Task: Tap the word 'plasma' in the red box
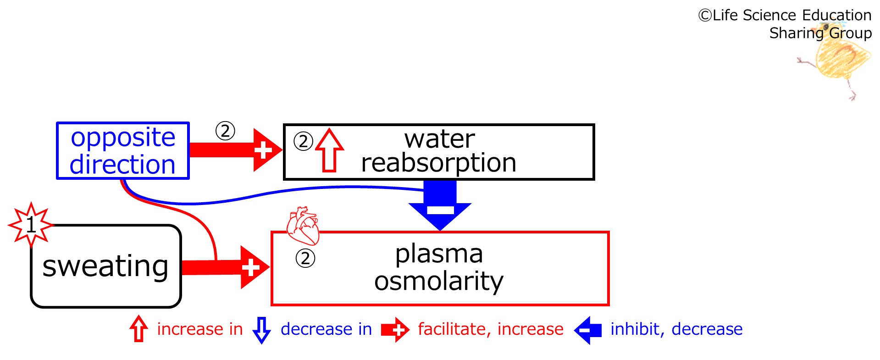coord(439,255)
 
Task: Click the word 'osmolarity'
coord(439,281)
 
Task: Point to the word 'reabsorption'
coord(439,163)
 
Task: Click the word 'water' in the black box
coord(439,139)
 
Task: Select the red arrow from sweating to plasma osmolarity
coord(226,267)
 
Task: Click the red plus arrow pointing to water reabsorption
coord(236,150)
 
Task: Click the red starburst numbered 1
coord(31,225)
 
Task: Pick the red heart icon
coord(303,226)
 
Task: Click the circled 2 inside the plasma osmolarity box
coord(305,259)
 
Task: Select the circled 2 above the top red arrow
coord(225,131)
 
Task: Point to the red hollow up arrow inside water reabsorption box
coord(330,150)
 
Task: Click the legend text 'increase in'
coord(200,329)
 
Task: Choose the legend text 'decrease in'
coord(326,329)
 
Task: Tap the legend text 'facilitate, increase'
coord(491,329)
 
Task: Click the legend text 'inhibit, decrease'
coord(676,329)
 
